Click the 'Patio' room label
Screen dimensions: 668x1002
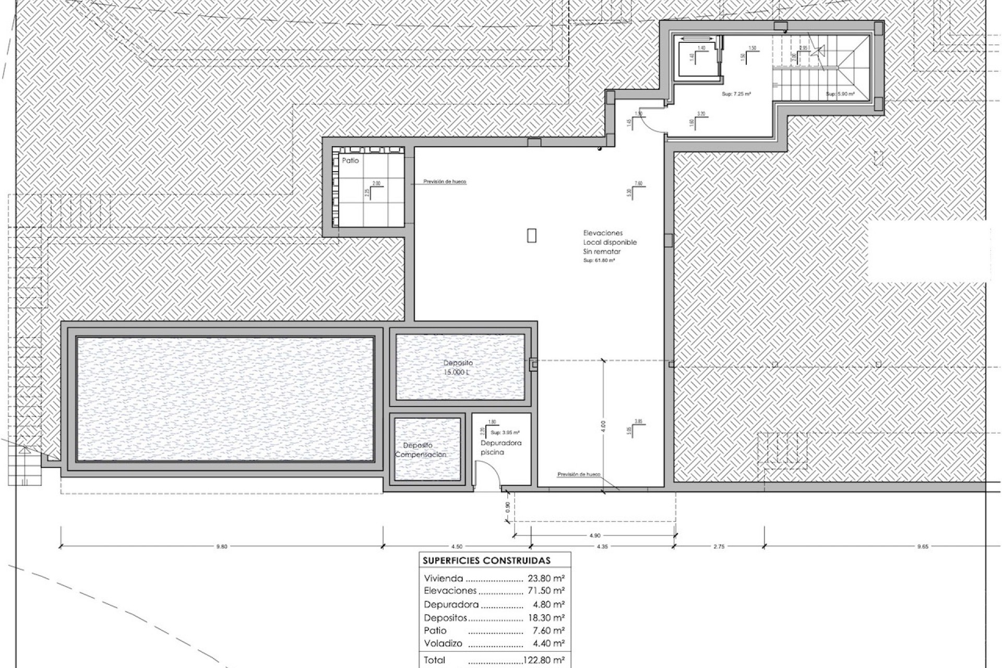click(350, 161)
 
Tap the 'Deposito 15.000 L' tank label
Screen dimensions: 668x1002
click(458, 367)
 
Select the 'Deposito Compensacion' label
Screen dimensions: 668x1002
click(420, 450)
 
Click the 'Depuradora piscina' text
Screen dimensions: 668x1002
click(500, 448)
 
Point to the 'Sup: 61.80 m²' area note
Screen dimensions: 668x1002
click(599, 260)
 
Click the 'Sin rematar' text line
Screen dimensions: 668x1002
click(602, 252)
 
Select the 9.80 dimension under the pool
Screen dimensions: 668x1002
click(222, 547)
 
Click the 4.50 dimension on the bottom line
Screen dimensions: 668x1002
click(456, 547)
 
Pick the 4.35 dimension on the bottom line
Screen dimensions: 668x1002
click(601, 547)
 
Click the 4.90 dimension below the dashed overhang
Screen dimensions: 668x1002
click(594, 535)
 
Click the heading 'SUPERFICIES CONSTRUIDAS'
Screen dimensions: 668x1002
click(486, 561)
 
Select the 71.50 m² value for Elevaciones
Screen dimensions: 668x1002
click(546, 591)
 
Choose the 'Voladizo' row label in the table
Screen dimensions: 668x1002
click(443, 643)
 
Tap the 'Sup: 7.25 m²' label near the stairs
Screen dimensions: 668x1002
click(736, 94)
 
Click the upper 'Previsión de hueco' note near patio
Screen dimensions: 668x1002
click(445, 182)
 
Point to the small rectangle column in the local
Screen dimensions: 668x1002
click(531, 235)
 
